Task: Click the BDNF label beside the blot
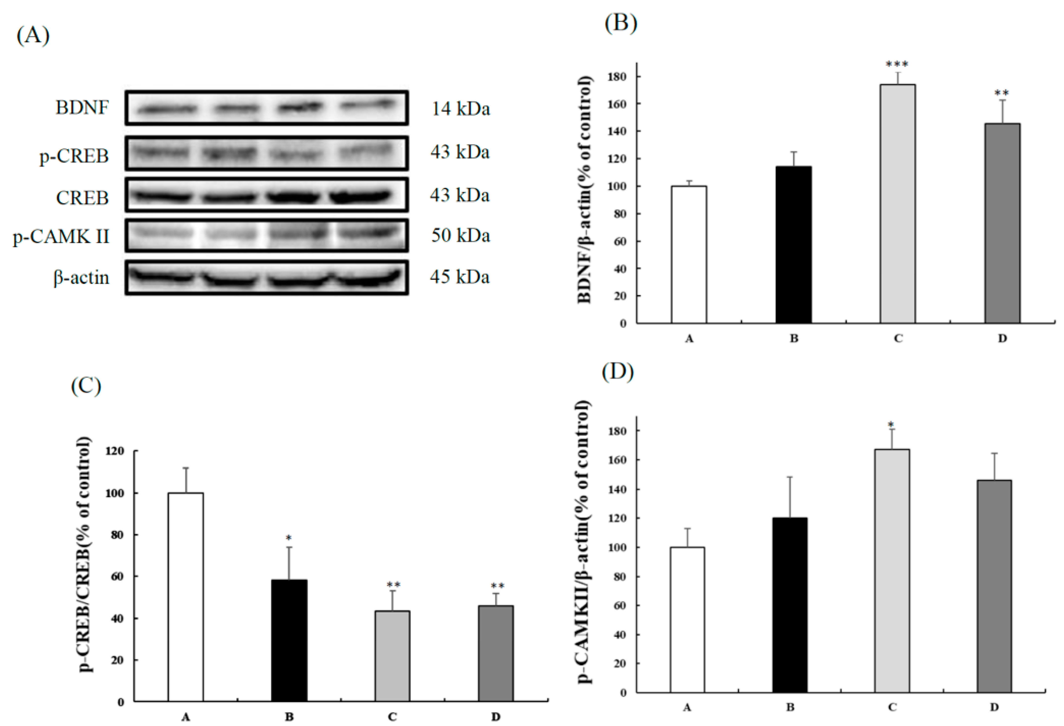pyautogui.click(x=82, y=108)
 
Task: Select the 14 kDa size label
pyautogui.click(x=461, y=109)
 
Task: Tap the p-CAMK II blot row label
pyautogui.click(x=61, y=237)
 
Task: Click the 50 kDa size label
pyautogui.click(x=461, y=235)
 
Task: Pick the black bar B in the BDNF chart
pyautogui.click(x=793, y=245)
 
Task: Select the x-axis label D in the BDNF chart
pyautogui.click(x=1002, y=339)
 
